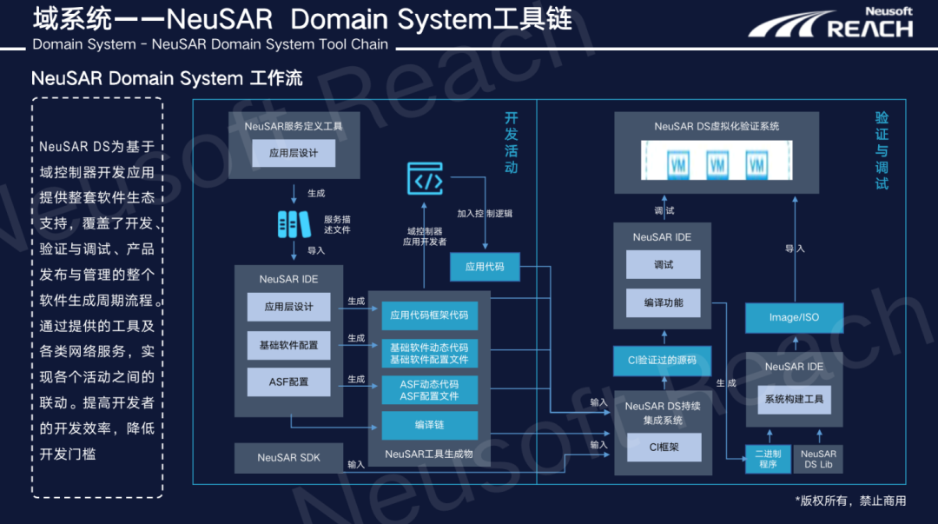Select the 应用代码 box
click(x=485, y=267)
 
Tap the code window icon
click(x=426, y=179)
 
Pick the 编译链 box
click(x=430, y=425)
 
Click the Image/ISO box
click(x=794, y=317)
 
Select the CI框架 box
click(x=664, y=448)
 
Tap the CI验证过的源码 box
click(x=662, y=361)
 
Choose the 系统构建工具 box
click(x=794, y=400)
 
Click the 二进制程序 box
click(x=768, y=459)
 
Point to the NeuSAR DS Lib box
click(x=818, y=459)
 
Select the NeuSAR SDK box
click(x=289, y=457)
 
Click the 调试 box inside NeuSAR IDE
click(x=663, y=265)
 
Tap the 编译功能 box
click(x=663, y=302)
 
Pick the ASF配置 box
click(x=289, y=381)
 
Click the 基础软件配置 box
click(x=289, y=345)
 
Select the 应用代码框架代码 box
click(x=430, y=315)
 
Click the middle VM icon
click(x=717, y=163)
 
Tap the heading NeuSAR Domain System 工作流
click(x=167, y=78)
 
